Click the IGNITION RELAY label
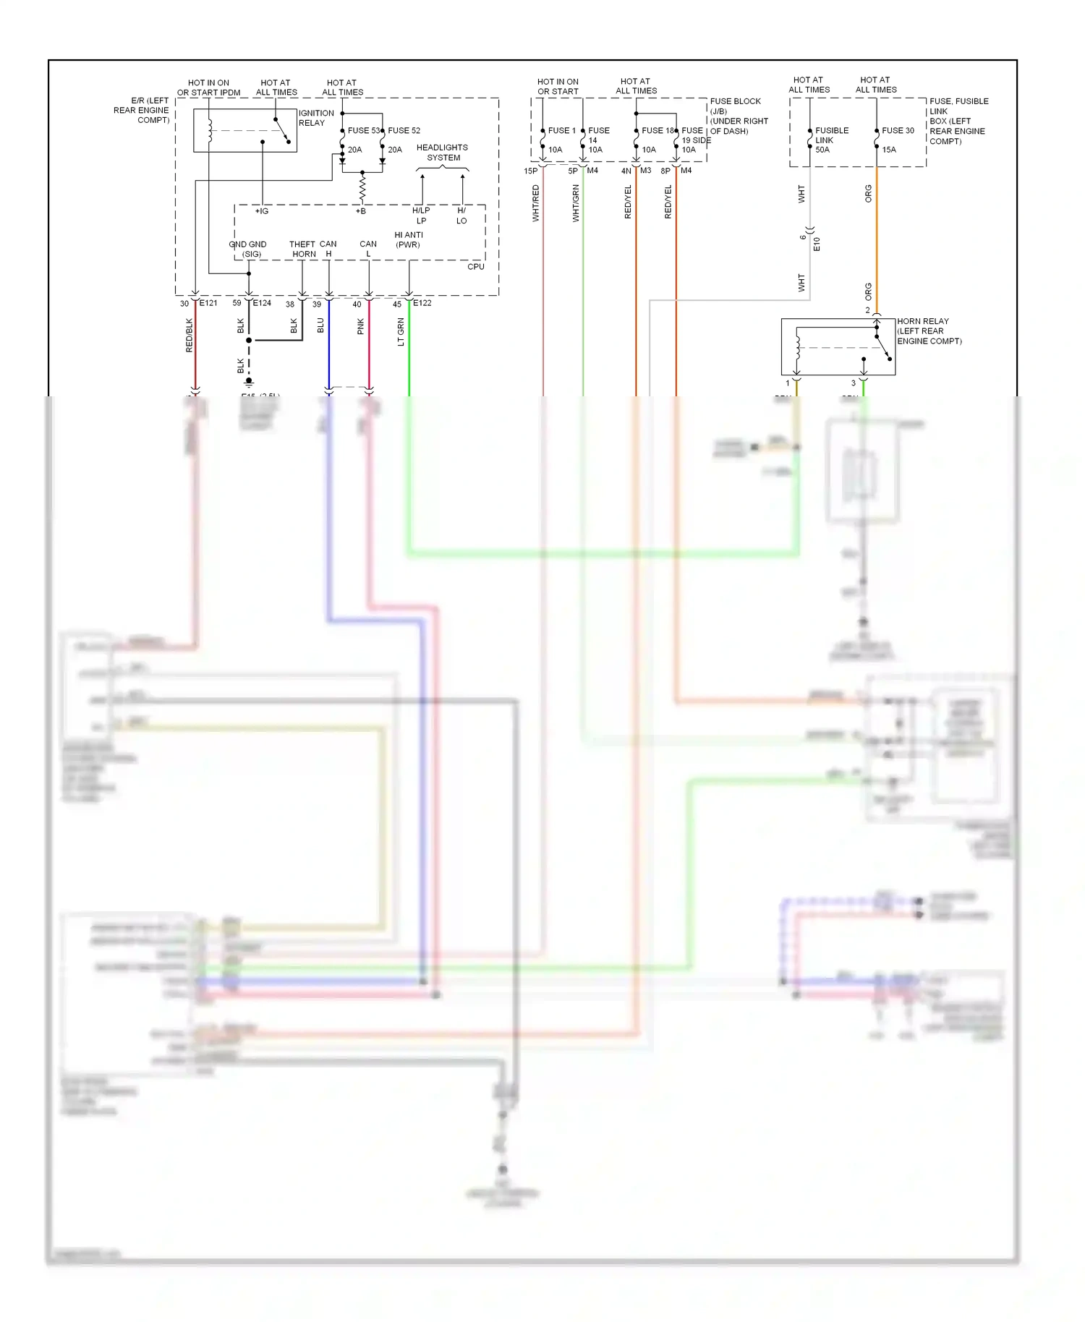click(316, 118)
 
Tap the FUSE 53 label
click(363, 131)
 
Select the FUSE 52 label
click(404, 131)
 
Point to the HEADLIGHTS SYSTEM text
click(442, 153)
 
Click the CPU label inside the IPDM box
click(475, 267)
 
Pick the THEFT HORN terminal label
click(302, 250)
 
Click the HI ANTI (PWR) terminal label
click(408, 240)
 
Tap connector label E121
click(208, 303)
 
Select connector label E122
click(422, 303)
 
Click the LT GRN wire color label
click(401, 333)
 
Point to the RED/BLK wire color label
click(190, 336)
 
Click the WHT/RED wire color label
click(536, 203)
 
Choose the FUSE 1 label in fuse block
click(561, 131)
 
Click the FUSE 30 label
click(898, 131)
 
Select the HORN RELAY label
click(922, 321)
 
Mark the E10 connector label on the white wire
click(817, 244)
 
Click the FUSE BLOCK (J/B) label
click(735, 106)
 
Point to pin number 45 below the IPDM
click(397, 304)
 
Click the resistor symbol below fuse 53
click(362, 189)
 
